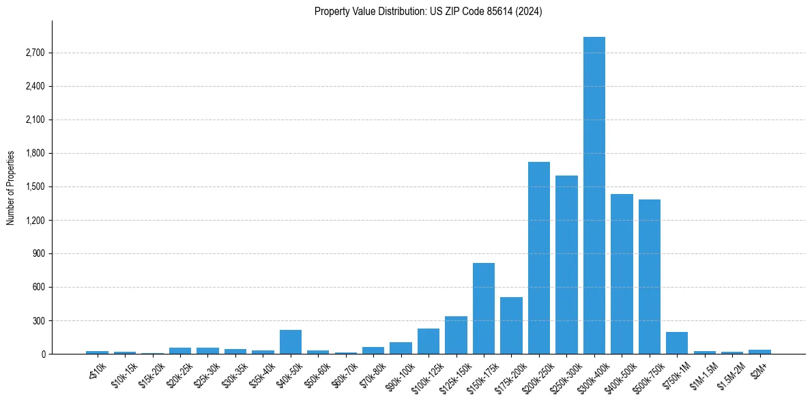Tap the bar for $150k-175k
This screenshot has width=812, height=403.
483,308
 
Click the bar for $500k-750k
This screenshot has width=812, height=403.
649,277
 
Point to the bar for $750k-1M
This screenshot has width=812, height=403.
677,343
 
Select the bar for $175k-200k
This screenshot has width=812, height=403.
511,325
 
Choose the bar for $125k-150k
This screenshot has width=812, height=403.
456,335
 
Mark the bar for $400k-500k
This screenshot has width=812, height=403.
622,274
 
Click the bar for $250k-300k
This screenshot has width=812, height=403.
566,264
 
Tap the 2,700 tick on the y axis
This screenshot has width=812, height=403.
35,53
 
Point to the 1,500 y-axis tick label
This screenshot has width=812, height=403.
35,186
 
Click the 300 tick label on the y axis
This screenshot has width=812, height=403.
38,320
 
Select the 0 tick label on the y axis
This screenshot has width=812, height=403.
42,354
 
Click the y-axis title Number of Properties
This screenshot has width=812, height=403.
11,187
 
